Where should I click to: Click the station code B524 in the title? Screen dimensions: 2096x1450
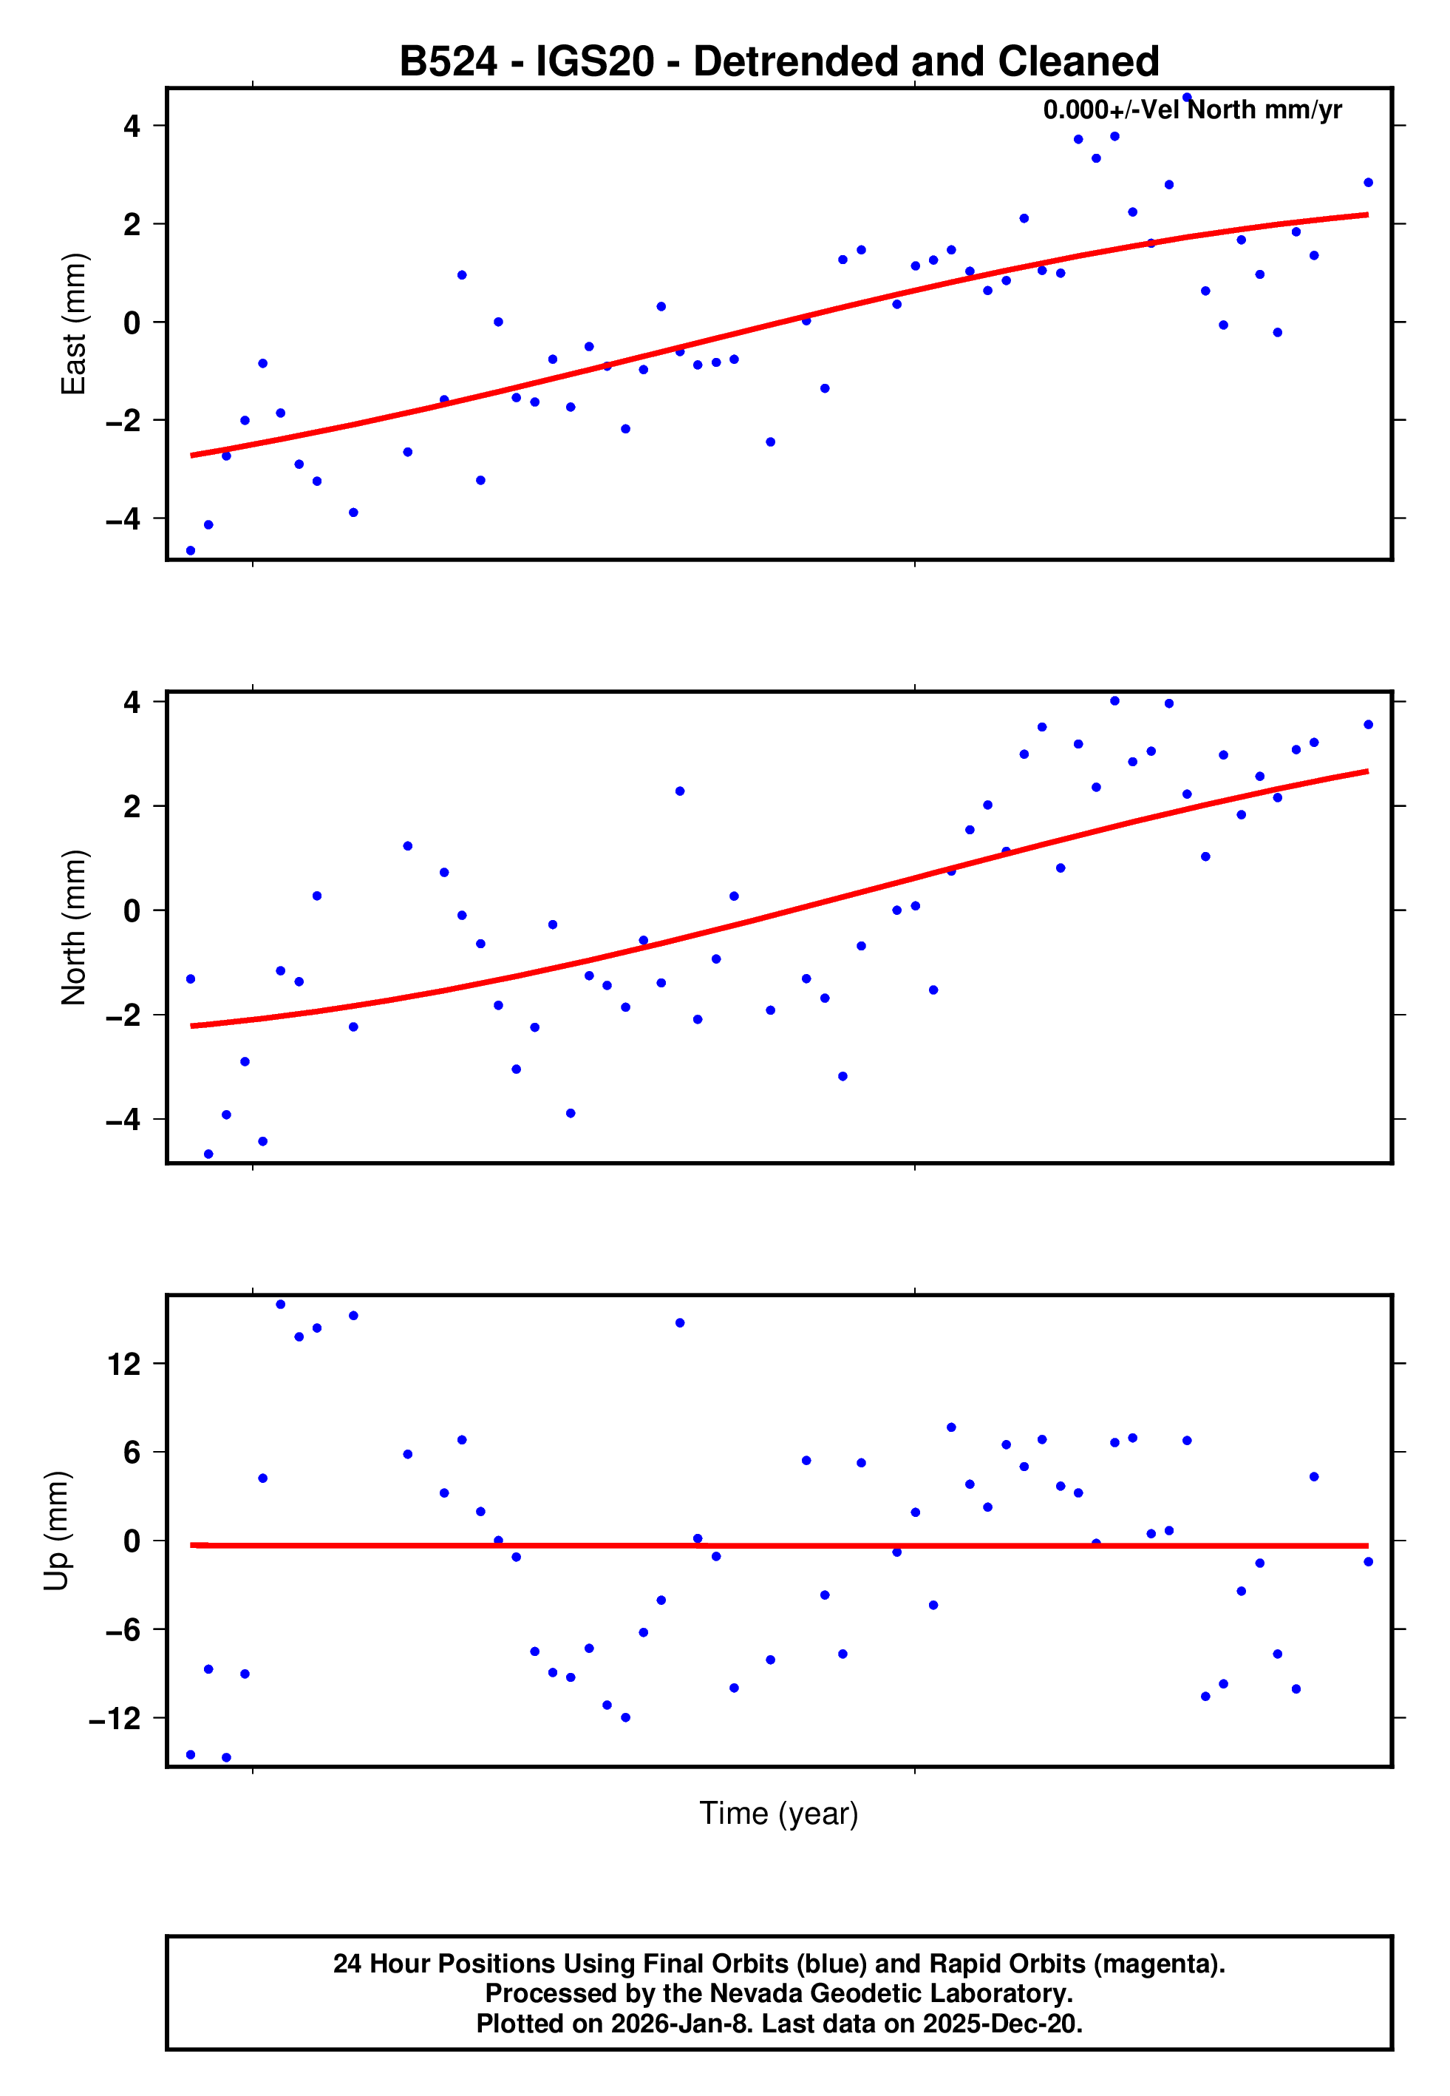[448, 62]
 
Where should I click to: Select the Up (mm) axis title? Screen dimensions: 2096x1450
[56, 1532]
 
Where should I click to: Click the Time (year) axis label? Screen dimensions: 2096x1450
[779, 1813]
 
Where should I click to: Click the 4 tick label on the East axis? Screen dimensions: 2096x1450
[132, 126]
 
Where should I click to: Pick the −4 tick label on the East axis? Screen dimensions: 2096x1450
[123, 519]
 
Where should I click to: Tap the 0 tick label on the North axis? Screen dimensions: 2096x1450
[132, 910]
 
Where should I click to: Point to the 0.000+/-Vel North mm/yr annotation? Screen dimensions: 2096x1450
[1192, 110]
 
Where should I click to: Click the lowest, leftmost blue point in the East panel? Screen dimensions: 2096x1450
[191, 551]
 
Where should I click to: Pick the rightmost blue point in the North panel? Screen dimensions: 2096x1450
[1368, 724]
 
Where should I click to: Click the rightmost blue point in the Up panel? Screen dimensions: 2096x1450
[1368, 1561]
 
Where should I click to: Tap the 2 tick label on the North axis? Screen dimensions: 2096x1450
[132, 806]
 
